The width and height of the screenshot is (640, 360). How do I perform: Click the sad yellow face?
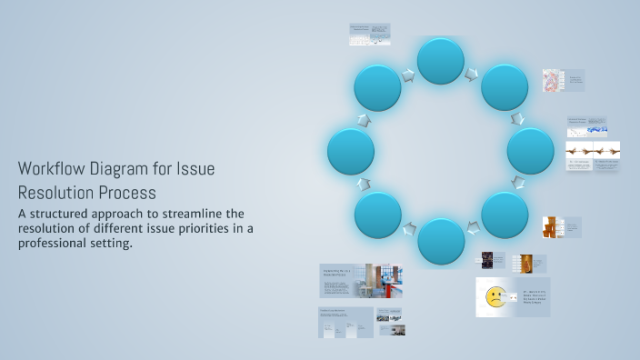point(495,295)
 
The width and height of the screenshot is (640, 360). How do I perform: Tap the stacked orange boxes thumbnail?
point(549,227)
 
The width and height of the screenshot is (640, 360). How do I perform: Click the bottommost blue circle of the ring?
point(441,242)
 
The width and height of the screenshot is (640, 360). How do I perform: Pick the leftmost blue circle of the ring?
point(351,151)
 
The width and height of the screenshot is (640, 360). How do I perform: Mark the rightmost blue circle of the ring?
point(531,151)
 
